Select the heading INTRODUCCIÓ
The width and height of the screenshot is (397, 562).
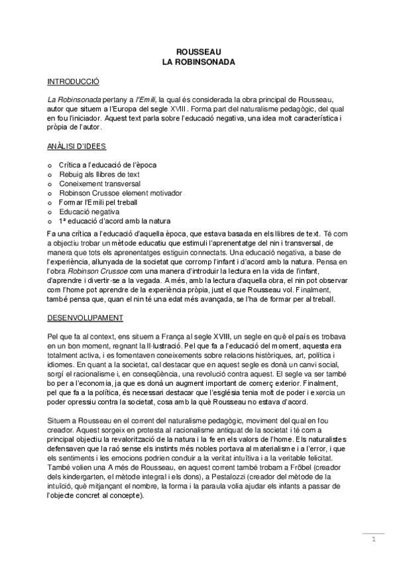click(73, 82)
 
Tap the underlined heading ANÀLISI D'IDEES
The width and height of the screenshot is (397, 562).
click(77, 145)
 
